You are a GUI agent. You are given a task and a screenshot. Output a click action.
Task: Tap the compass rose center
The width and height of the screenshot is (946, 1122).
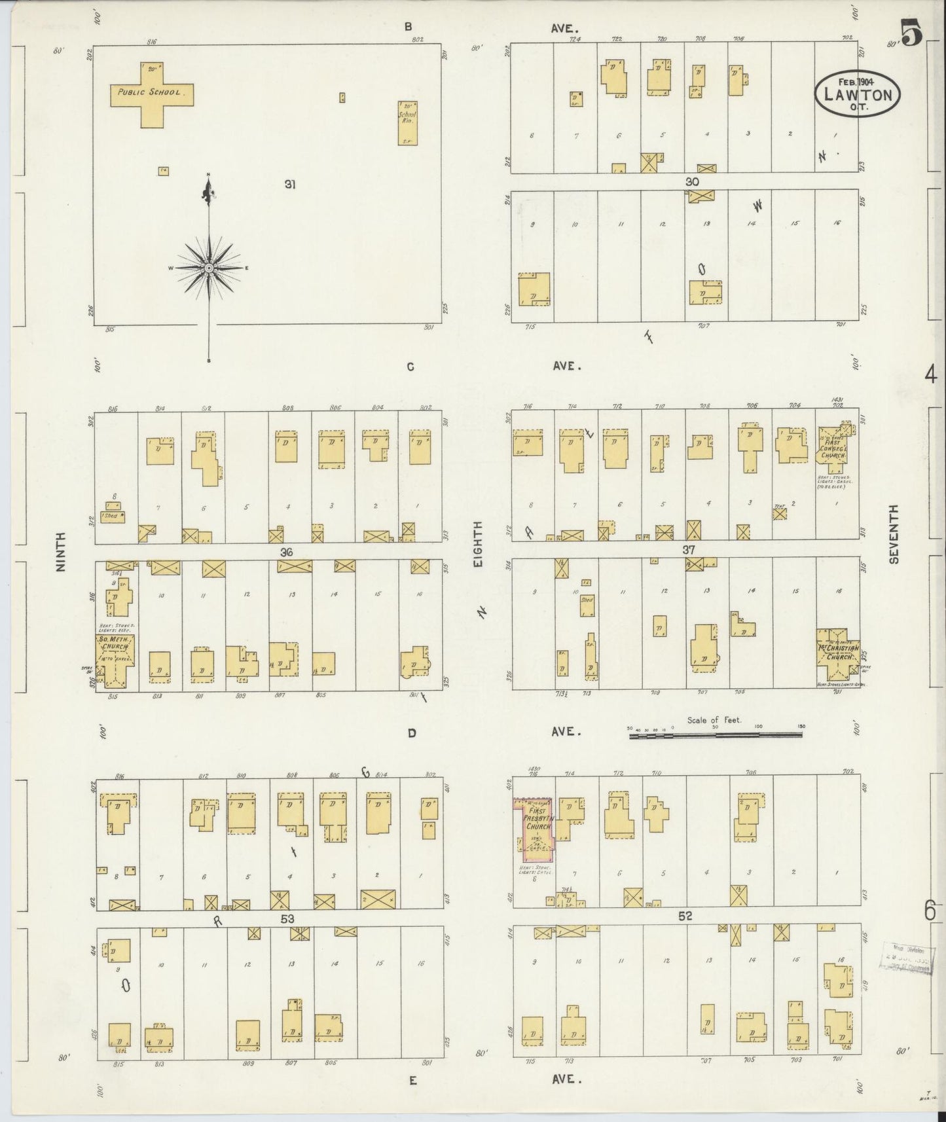[209, 268]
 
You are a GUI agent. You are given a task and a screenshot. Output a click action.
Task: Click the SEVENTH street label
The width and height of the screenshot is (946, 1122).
[894, 534]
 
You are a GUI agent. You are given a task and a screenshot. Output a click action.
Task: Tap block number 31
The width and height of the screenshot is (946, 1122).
[289, 185]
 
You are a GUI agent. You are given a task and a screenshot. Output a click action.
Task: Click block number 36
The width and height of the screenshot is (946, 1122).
[286, 552]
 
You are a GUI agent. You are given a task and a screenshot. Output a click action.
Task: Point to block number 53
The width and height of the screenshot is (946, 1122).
[287, 919]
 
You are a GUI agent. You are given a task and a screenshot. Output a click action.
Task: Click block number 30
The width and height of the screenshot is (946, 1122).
[692, 181]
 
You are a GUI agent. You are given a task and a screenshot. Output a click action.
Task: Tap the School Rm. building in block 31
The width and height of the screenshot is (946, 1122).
[408, 122]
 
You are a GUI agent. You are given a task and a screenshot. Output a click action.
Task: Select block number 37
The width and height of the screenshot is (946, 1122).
[688, 550]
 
